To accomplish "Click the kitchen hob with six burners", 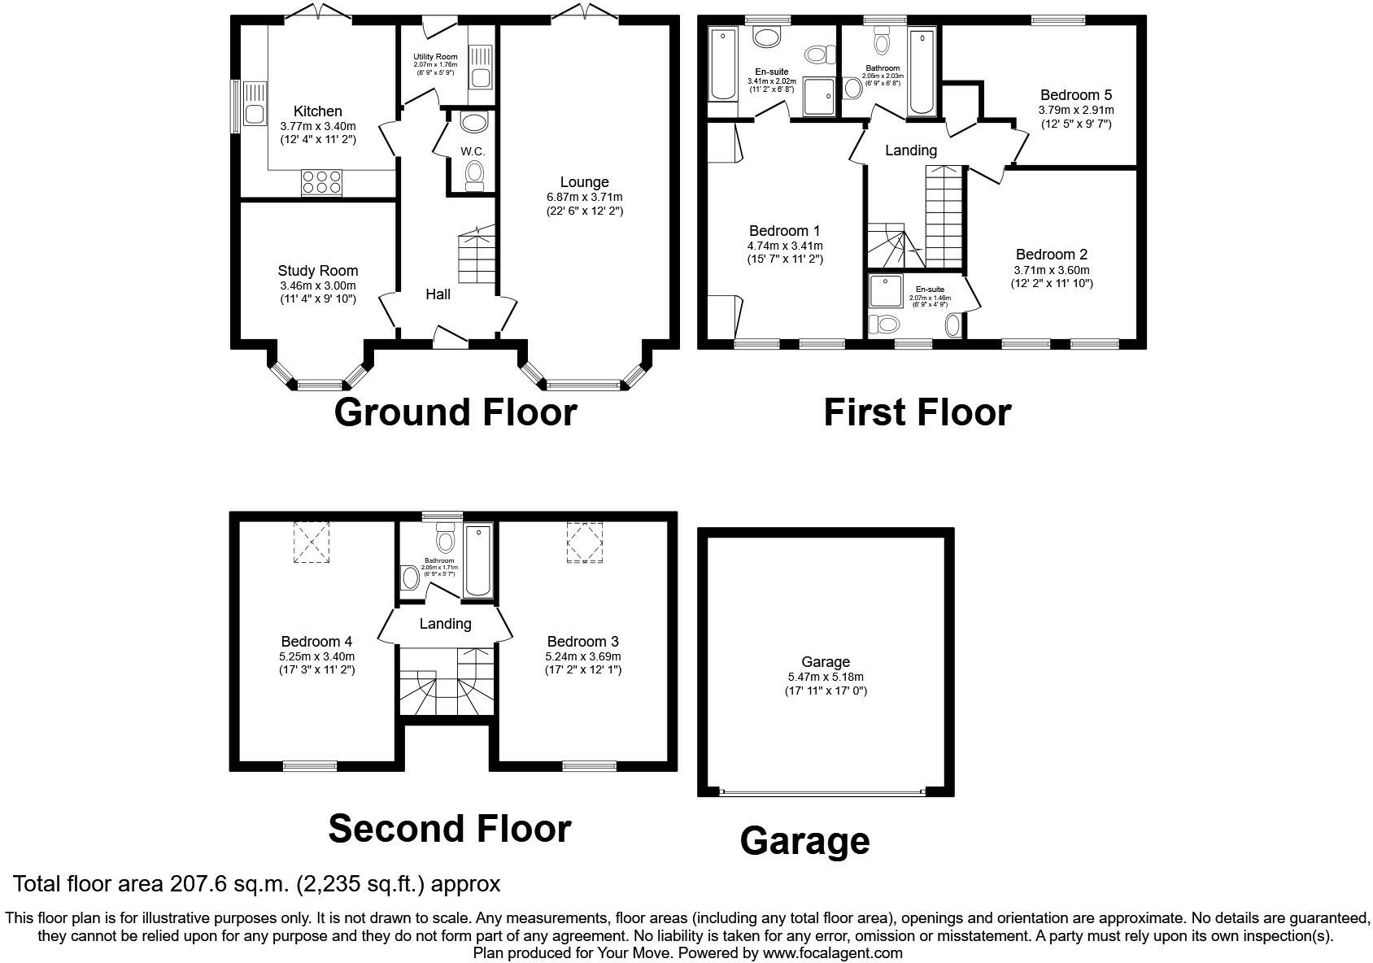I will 321,181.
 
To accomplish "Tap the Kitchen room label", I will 317,111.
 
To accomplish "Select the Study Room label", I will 317,271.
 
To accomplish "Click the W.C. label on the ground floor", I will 473,151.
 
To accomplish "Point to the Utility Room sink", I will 479,78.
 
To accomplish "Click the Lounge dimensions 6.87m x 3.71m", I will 584,197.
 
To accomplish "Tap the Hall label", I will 438,294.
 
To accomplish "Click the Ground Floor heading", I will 455,412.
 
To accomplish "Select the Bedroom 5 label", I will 1075,95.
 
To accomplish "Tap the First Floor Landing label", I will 910,150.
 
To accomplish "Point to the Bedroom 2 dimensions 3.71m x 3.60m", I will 1051,270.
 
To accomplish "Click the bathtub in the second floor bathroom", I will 477,561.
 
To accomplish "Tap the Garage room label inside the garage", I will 825,662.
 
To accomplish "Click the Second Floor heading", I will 449,828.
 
